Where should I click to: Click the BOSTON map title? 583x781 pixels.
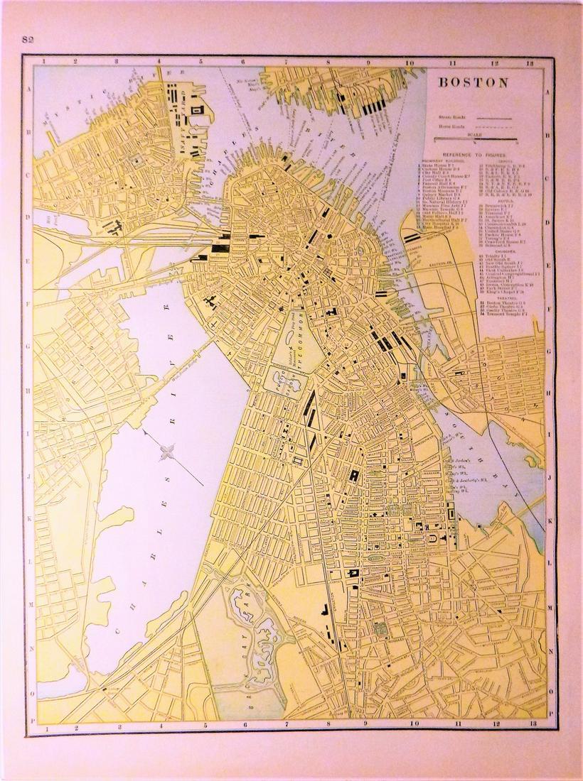[x=473, y=82]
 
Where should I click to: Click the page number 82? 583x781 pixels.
[x=29, y=38]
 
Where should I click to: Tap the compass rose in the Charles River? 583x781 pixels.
[x=168, y=451]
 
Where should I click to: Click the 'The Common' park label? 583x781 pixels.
[x=300, y=341]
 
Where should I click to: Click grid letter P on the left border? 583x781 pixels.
[x=29, y=719]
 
